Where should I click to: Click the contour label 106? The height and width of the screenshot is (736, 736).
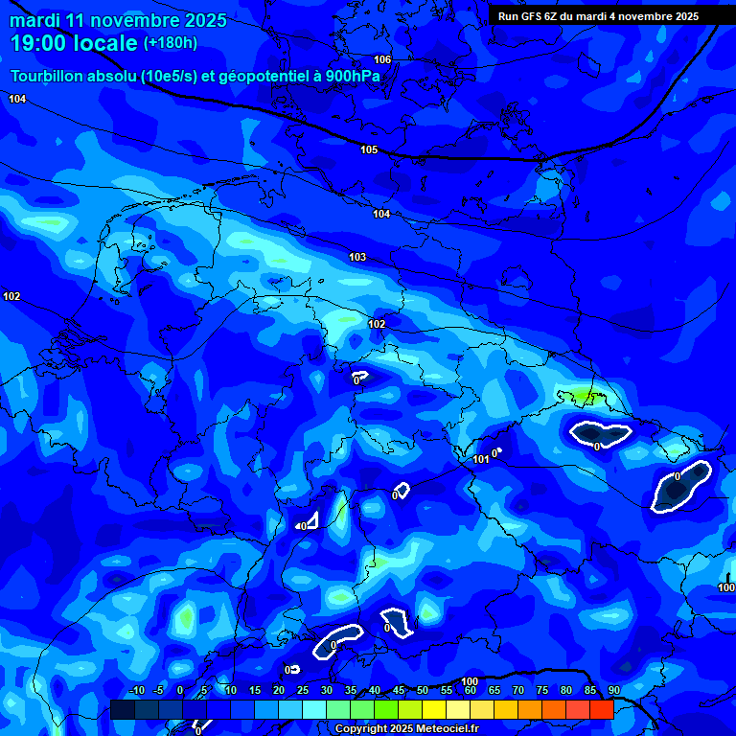point(382,60)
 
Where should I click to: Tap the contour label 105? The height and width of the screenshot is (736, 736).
point(369,150)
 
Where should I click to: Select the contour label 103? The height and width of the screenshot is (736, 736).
point(357,258)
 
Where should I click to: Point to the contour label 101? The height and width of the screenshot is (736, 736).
point(481,460)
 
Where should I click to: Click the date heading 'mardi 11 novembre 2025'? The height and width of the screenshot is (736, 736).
point(118,20)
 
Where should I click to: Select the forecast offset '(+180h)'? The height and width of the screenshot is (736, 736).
point(171,43)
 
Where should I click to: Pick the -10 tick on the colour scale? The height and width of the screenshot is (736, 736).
point(136,691)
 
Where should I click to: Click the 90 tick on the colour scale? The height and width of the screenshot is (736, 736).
point(613,691)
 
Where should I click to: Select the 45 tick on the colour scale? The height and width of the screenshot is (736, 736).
point(398,691)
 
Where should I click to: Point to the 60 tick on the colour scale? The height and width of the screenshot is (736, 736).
point(470,691)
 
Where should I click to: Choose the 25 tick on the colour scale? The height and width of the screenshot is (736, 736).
point(302,691)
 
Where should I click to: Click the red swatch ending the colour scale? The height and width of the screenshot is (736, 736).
point(601,709)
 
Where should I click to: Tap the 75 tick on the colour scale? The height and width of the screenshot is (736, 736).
point(541,691)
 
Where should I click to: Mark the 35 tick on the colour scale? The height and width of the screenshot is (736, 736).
point(350,691)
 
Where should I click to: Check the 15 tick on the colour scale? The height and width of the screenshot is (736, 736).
point(254,691)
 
